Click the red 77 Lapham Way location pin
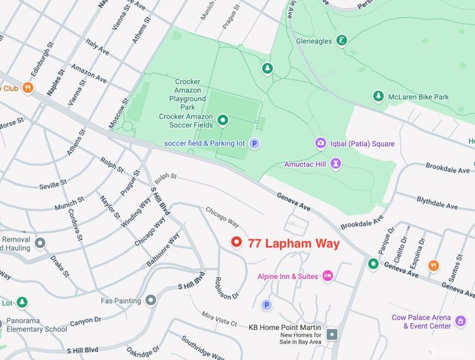[x=236, y=242]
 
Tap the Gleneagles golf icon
[x=341, y=40]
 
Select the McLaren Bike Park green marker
[x=379, y=96]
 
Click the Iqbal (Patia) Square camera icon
[x=320, y=143]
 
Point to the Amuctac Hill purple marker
[x=335, y=162]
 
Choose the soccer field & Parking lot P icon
[x=254, y=143]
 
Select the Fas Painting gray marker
[x=151, y=300]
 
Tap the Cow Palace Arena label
[x=431, y=317]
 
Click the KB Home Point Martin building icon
[x=332, y=334]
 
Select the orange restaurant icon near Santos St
[x=433, y=265]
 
